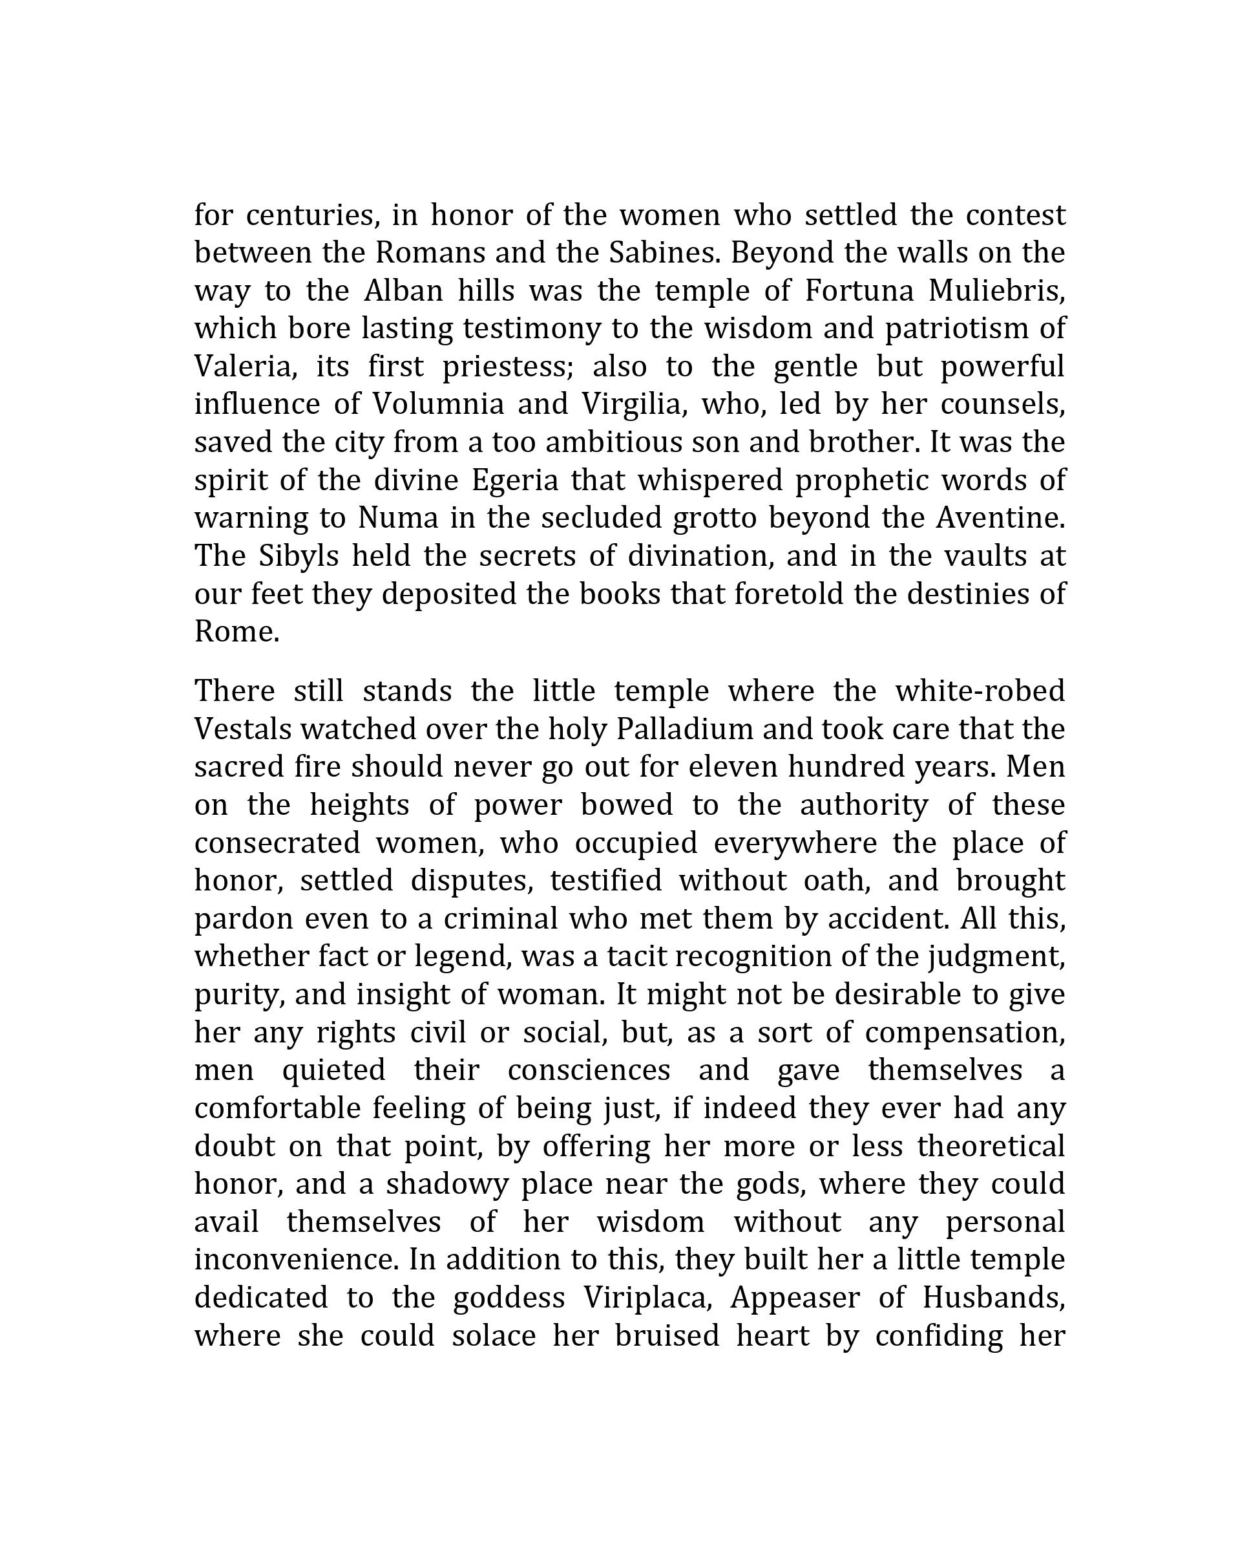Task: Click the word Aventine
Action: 1000,518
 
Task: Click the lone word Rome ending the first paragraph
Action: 236,632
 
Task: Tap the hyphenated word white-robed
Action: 980,691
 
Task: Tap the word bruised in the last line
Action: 666,1335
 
